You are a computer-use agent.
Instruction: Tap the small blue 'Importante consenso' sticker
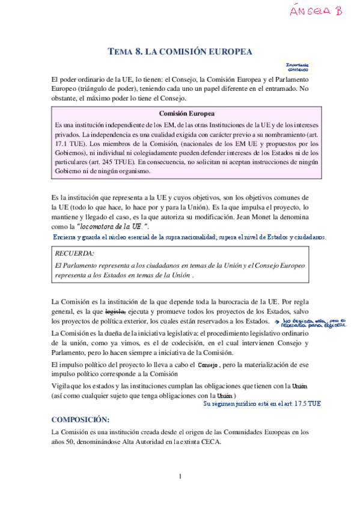296,67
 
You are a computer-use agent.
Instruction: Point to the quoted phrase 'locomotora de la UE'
111,226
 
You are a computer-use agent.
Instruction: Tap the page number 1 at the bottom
180,477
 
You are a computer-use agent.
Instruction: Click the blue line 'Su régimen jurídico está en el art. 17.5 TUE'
262,404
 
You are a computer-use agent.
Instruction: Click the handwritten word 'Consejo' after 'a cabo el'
207,365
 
